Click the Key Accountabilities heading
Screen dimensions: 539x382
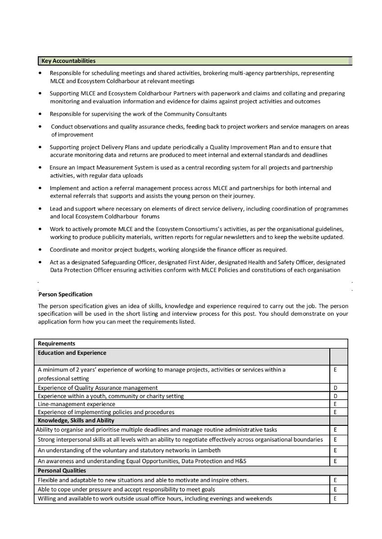[x=68, y=61]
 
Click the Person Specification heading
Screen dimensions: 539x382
[x=65, y=294]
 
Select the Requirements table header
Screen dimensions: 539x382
[x=57, y=344]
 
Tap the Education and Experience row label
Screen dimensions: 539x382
[x=72, y=353]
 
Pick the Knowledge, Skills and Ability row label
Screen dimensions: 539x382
[x=76, y=420]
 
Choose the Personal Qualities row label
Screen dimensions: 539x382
[x=62, y=471]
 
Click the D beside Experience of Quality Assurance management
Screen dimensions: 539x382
[x=335, y=388]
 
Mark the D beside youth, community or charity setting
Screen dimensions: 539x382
[x=335, y=396]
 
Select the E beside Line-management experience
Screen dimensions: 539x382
[x=335, y=404]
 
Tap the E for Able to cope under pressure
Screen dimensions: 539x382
[x=335, y=489]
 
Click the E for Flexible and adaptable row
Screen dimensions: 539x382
[x=335, y=480]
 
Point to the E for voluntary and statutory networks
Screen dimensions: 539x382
[x=335, y=450]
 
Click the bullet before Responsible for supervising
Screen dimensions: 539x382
[x=41, y=114]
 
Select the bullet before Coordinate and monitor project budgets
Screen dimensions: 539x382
[x=41, y=249]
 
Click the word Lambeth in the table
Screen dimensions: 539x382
[x=209, y=450]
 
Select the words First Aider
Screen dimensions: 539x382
[x=198, y=262]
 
